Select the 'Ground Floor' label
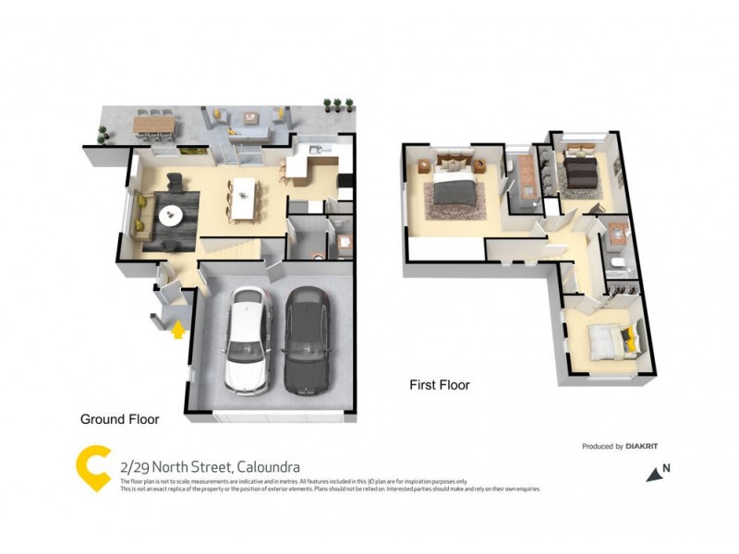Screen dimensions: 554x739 click(x=119, y=419)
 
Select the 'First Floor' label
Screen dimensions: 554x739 click(x=440, y=385)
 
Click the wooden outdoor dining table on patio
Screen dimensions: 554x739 click(x=154, y=124)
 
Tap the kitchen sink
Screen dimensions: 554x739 click(x=317, y=151)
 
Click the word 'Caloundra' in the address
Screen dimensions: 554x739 click(x=268, y=468)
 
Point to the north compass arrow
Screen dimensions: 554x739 click(x=655, y=474)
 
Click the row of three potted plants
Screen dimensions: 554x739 click(x=337, y=104)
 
